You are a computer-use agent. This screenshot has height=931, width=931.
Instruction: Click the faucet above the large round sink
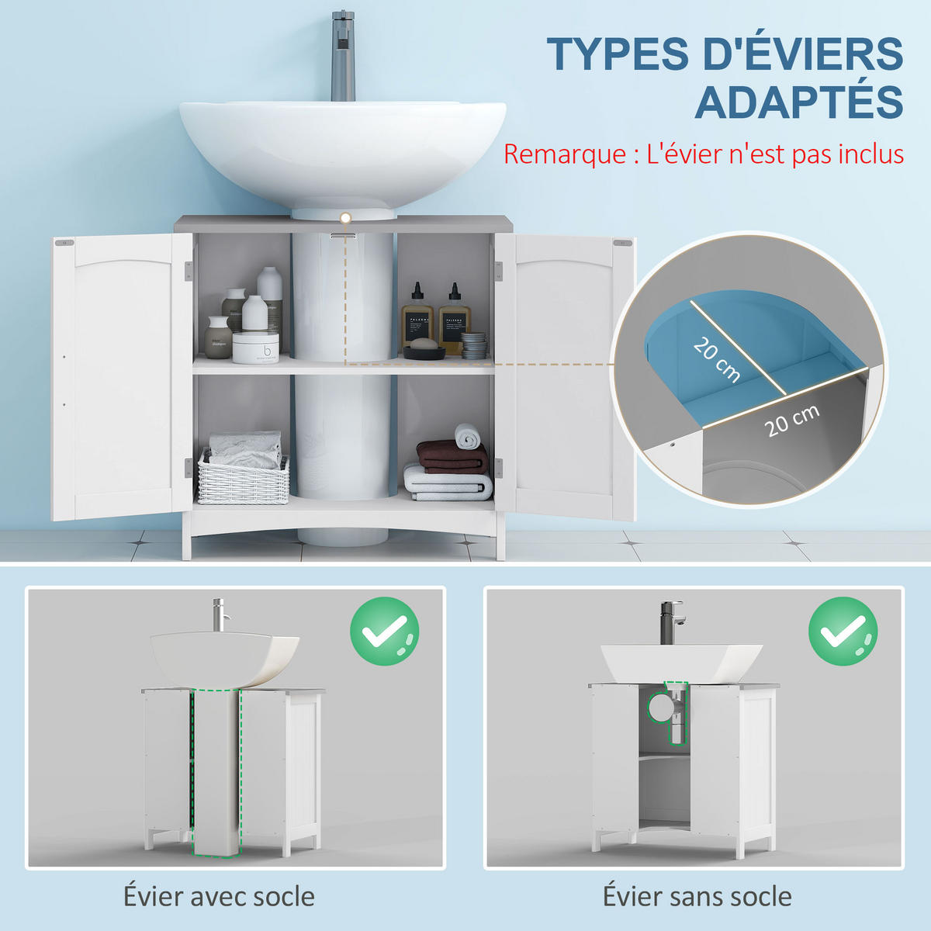[343, 56]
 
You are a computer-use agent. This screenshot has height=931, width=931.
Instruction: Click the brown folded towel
[452, 456]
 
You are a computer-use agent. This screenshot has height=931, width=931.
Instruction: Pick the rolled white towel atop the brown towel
[468, 434]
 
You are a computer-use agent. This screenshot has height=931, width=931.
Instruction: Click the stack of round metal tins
[473, 345]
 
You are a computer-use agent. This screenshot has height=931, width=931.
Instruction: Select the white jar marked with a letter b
[255, 348]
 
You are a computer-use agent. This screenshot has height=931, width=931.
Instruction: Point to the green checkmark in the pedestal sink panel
[385, 631]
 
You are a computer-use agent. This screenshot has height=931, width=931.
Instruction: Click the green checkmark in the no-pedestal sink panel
[843, 631]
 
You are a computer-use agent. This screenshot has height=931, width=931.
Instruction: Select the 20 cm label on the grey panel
[792, 421]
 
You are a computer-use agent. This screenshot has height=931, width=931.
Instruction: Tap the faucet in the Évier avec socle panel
[220, 615]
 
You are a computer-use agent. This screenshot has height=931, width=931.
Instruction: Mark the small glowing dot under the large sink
[345, 218]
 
